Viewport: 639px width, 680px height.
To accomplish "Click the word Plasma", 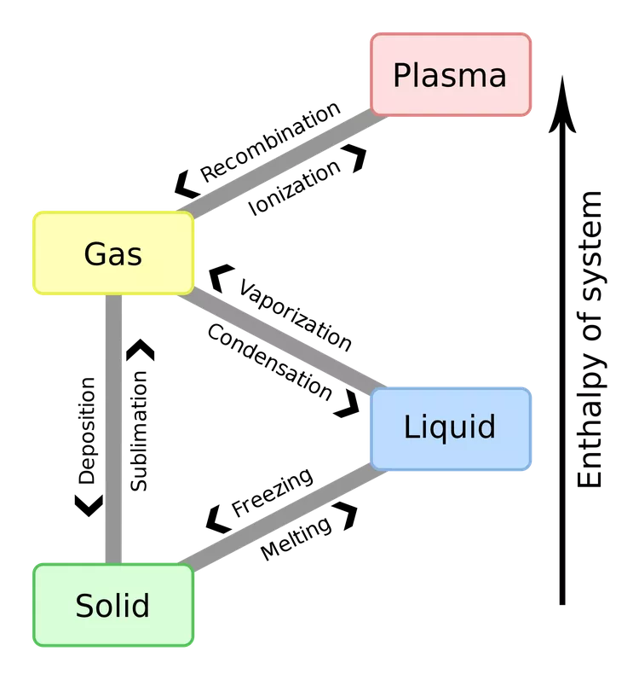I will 450,76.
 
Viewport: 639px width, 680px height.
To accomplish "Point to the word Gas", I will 113,253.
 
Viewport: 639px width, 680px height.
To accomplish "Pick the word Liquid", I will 450,427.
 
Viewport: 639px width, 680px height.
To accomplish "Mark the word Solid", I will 112,606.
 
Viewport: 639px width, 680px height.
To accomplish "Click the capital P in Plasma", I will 402,75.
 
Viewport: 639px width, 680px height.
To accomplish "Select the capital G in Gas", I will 95,253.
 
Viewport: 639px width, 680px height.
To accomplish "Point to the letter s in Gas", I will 135,256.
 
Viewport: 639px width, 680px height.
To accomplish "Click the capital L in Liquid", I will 411,427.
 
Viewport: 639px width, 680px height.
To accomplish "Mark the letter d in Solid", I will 141,605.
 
